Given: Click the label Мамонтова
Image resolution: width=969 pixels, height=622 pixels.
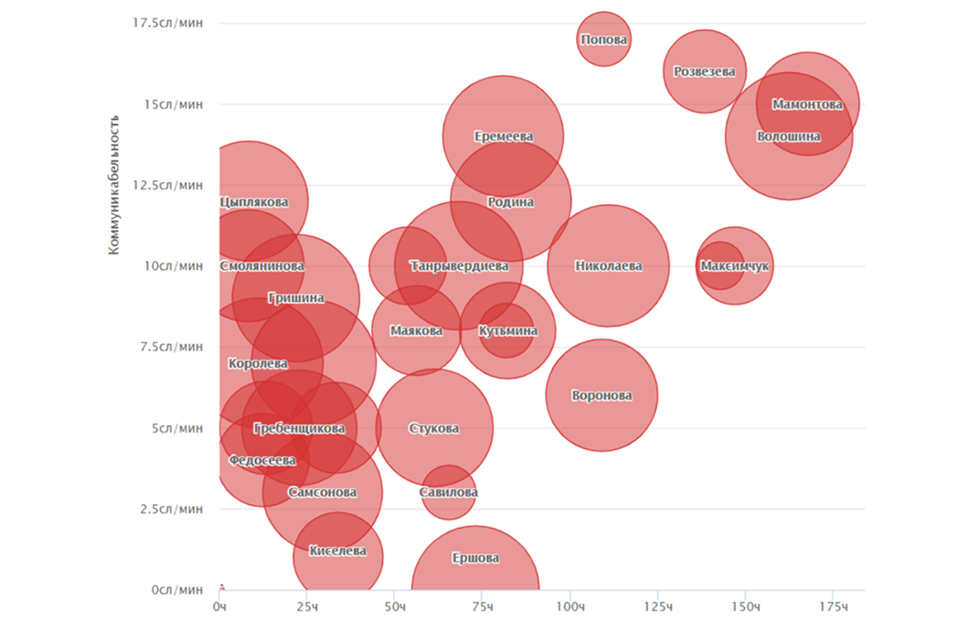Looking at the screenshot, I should (x=807, y=104).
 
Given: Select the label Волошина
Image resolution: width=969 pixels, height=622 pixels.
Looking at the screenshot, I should (x=788, y=137).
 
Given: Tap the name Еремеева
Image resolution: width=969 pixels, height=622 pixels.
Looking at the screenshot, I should (x=504, y=136).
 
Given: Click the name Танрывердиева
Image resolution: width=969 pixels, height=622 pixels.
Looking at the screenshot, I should (x=459, y=266).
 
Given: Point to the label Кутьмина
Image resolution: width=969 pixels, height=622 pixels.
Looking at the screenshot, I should (x=508, y=331).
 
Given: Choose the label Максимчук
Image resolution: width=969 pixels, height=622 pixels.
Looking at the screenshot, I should (x=735, y=266).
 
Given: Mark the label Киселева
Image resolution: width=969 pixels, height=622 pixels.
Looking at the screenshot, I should (x=338, y=552).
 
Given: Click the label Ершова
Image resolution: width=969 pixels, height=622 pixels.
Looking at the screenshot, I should (x=475, y=558).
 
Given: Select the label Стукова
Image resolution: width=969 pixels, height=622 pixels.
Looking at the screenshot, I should (x=434, y=429).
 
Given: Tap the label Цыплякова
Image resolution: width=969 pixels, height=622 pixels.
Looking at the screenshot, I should (x=255, y=202).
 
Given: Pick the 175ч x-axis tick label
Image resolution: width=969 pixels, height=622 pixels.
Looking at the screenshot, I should (x=832, y=607).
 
